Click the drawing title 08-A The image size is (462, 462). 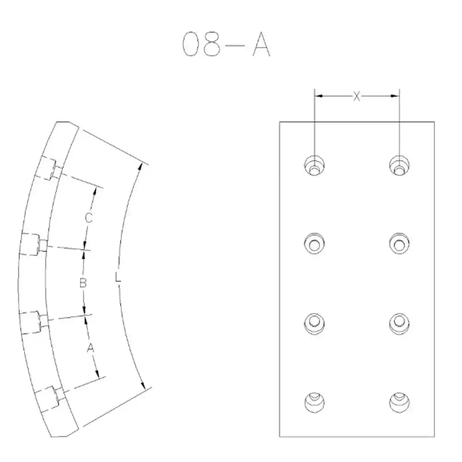(x=226, y=44)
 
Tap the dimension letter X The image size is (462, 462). (x=357, y=96)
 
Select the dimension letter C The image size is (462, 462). (x=89, y=218)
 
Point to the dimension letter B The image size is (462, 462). (x=83, y=283)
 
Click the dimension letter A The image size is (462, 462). (x=91, y=348)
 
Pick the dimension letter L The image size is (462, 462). (x=118, y=278)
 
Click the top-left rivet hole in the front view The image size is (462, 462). (x=314, y=165)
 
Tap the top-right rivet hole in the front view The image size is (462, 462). (x=399, y=165)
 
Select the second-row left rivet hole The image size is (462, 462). (x=314, y=243)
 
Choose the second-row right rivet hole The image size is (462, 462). (x=399, y=243)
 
